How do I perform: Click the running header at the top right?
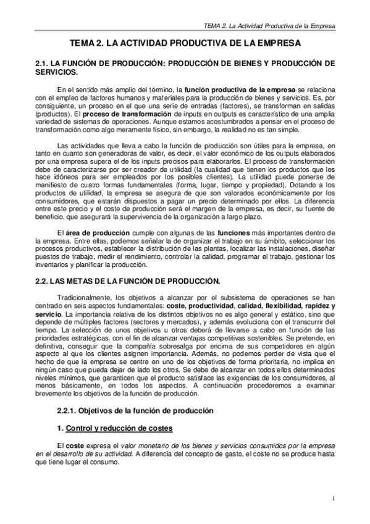[x=269, y=27]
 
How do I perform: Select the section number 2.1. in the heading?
[x=43, y=63]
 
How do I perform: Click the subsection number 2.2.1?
[x=67, y=410]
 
